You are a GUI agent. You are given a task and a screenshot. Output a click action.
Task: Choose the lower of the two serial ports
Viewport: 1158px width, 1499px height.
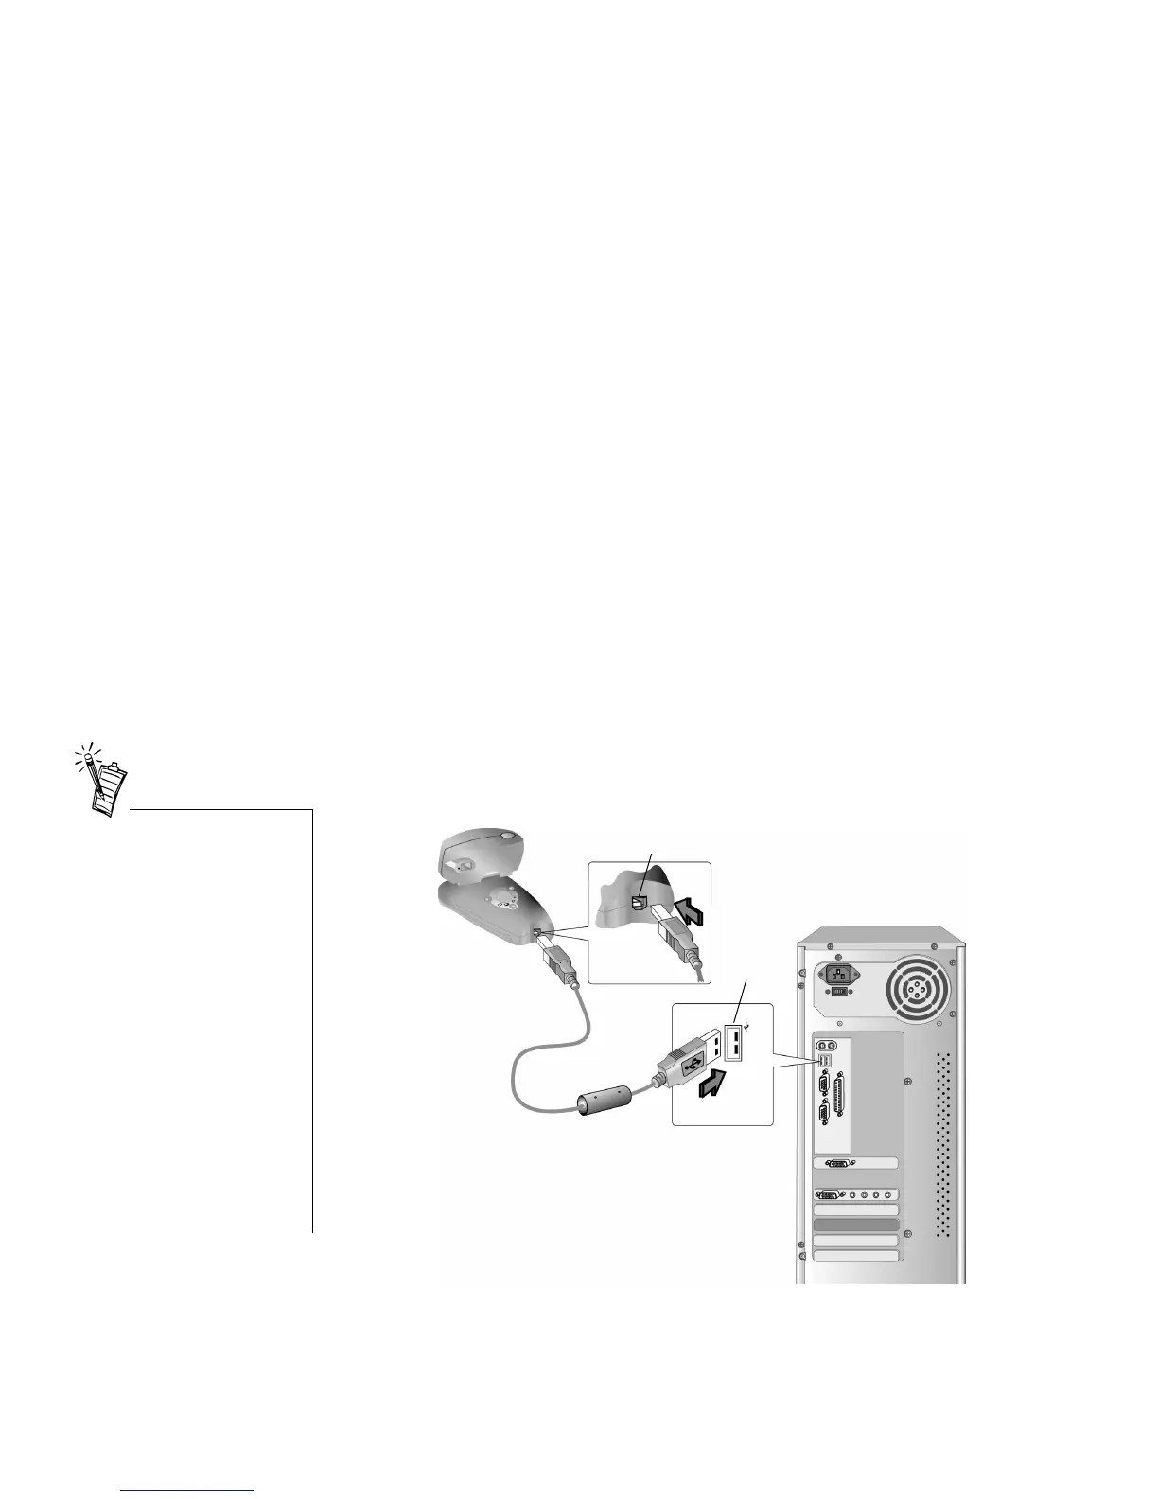(822, 1113)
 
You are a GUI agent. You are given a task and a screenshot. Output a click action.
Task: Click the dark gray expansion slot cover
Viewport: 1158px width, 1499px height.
(855, 1225)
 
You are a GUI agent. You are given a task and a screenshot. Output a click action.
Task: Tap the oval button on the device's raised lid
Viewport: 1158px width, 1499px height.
(512, 836)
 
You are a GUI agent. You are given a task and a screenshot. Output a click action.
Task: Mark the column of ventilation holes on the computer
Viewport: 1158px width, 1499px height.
(942, 1146)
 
